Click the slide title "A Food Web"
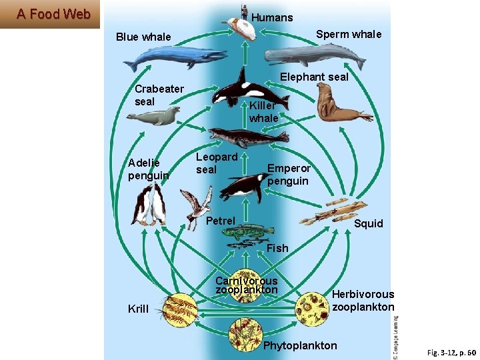(53, 14)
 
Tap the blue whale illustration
(174, 58)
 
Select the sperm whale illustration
(316, 55)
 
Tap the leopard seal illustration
(247, 138)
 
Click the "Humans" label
(273, 17)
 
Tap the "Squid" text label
(369, 223)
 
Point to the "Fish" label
(277, 248)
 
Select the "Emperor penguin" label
(288, 175)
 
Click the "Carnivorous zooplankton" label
(246, 285)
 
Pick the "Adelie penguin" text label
(148, 169)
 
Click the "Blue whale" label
(143, 37)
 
